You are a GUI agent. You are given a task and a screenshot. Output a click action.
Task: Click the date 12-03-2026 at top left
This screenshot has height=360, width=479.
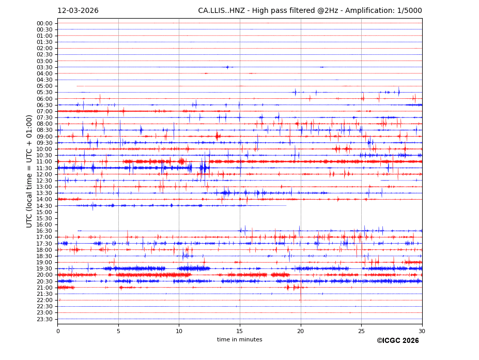(78, 11)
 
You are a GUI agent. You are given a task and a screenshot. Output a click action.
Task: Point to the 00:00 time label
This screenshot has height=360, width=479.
(44, 23)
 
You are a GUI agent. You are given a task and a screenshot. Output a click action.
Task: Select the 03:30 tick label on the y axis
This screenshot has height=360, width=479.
(44, 67)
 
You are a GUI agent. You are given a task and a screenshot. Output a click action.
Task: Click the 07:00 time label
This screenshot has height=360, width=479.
(44, 111)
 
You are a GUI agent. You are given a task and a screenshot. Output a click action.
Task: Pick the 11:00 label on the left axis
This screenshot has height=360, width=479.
(44, 161)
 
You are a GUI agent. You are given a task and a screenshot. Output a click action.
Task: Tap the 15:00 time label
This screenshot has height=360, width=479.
(44, 212)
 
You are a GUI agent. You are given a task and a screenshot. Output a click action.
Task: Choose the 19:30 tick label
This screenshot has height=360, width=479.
(44, 268)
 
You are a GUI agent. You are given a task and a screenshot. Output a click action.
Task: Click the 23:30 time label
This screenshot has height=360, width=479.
(44, 319)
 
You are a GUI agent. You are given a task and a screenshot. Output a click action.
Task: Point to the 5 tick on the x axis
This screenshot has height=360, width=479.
(118, 331)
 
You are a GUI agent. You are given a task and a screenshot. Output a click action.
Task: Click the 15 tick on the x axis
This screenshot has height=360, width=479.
(240, 331)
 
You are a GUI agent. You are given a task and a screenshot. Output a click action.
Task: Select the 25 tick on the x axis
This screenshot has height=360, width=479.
(361, 331)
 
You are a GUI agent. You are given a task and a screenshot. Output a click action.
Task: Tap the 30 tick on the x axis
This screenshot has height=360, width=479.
(422, 331)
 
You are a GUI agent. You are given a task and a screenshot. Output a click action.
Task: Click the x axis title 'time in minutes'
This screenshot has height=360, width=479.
(239, 340)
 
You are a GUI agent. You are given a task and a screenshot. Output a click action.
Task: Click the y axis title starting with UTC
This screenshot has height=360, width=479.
(29, 171)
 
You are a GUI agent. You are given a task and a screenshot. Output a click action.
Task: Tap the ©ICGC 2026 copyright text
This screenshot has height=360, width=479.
(397, 341)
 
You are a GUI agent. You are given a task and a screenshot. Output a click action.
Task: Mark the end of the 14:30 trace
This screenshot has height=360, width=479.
(286, 205)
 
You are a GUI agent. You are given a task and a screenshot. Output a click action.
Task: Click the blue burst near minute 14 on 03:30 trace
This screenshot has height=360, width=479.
(227, 67)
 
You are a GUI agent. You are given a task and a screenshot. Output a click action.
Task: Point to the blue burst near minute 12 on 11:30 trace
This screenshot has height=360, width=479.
(204, 168)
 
